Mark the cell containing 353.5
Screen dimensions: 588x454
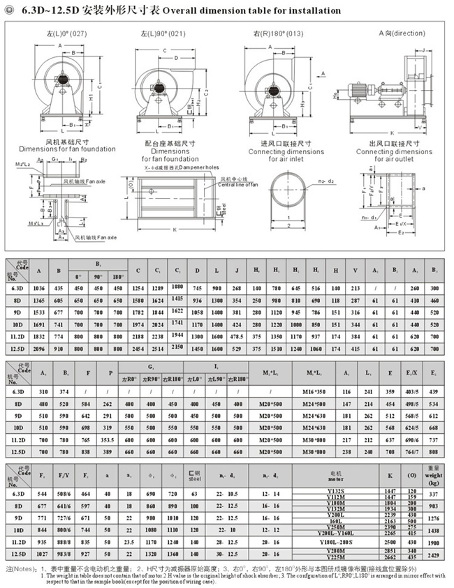(109, 439)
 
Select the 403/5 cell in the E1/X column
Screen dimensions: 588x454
(412, 392)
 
